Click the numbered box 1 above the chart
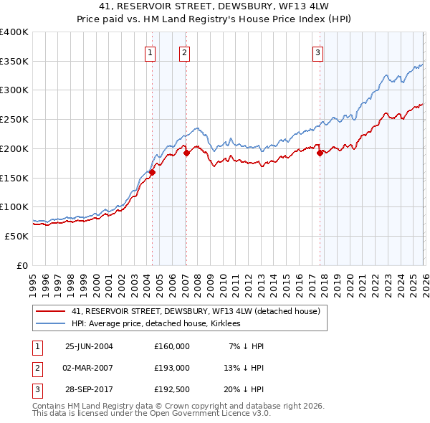[150, 52]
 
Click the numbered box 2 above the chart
[184, 52]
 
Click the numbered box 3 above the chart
[317, 52]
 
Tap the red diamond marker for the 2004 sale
[152, 172]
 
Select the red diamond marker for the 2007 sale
[186, 153]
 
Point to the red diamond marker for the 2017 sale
[320, 153]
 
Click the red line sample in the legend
[52, 311]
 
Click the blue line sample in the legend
[52, 323]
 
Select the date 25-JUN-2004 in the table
[89, 346]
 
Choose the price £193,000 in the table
[171, 368]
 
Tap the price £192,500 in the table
[171, 389]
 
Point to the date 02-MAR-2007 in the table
[89, 368]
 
